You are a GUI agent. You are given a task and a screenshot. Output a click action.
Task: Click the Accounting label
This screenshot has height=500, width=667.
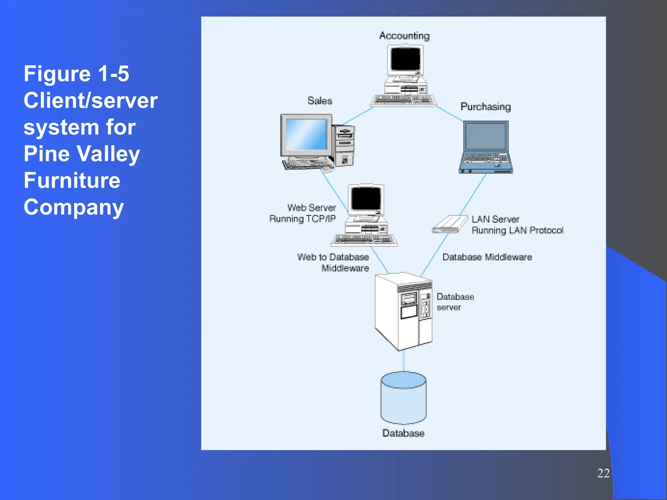click(x=404, y=35)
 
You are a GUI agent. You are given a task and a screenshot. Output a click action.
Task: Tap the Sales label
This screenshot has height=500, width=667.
click(x=320, y=101)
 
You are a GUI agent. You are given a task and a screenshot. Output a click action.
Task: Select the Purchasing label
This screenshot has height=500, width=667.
click(x=485, y=107)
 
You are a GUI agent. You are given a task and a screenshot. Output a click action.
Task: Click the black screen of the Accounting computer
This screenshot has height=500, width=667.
click(x=405, y=59)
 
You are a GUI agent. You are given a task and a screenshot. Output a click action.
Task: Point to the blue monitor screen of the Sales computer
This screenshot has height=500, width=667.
click(x=306, y=134)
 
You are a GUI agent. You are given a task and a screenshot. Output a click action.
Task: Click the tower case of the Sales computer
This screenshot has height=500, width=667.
click(x=345, y=145)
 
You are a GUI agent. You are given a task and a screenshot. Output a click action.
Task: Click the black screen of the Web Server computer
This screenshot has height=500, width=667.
click(x=366, y=199)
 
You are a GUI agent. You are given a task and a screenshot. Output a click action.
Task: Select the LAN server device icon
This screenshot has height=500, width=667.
click(x=450, y=224)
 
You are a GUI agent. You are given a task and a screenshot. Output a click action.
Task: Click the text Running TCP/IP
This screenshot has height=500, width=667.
click(x=302, y=219)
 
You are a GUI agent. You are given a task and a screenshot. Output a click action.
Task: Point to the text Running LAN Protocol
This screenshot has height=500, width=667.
click(x=517, y=230)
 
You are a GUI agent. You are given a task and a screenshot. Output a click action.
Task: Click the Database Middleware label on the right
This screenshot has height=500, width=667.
click(x=487, y=257)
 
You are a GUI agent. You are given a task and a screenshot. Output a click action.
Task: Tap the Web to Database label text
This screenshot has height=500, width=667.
click(x=333, y=257)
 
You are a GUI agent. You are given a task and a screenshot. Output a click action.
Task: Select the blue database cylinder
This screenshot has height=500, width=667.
click(x=404, y=398)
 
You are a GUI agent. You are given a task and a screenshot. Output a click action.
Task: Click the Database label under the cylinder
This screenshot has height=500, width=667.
click(x=403, y=433)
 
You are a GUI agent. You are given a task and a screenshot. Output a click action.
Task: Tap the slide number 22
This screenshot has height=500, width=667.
click(x=603, y=473)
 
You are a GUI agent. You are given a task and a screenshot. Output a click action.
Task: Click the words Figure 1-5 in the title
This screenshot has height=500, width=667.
click(x=76, y=74)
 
